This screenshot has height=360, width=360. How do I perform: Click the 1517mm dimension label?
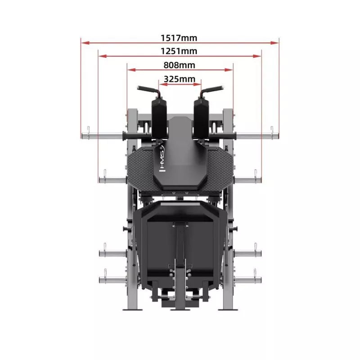point(179,38)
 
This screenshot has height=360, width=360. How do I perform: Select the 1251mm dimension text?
point(179,51)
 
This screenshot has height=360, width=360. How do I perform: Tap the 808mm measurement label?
point(179,65)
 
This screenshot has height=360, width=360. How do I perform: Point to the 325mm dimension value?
point(180,79)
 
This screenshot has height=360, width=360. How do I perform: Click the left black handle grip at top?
point(147,89)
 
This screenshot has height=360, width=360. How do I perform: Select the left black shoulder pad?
point(159,119)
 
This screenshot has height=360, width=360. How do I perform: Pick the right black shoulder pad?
point(201,119)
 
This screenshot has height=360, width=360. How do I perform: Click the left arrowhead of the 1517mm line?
point(85,43)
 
